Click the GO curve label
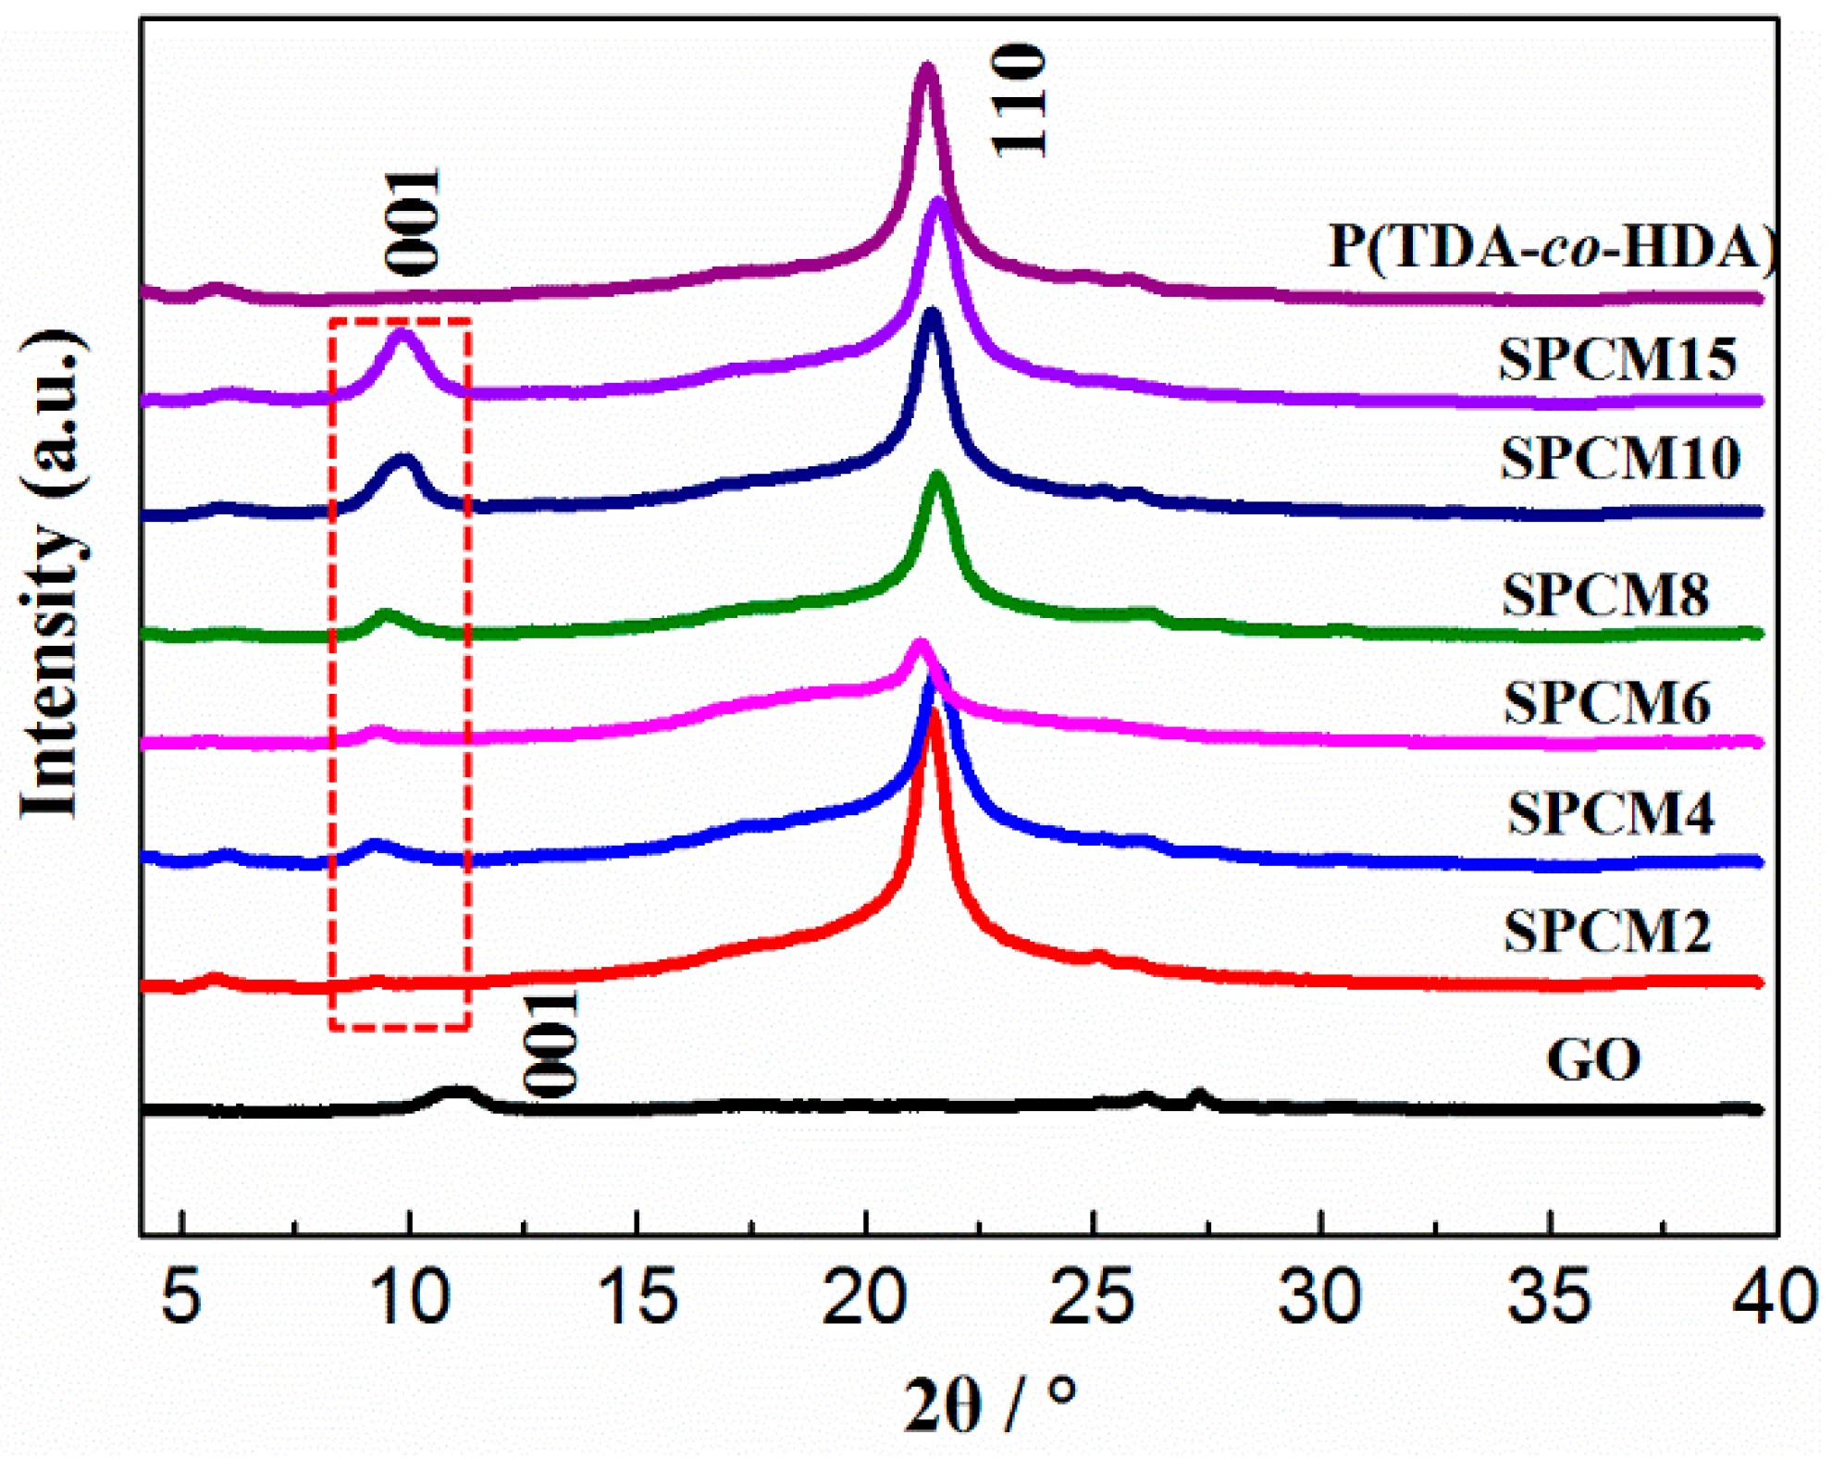(1593, 1059)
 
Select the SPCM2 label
(1608, 931)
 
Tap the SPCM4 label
(1611, 814)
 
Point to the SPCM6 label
(1607, 702)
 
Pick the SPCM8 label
(1605, 595)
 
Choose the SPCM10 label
(1620, 458)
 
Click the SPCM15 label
(1618, 359)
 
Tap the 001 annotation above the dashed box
(413, 222)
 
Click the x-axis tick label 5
(181, 1297)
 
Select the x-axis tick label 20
(864, 1297)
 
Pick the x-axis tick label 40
(1773, 1297)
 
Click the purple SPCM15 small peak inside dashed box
(402, 335)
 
